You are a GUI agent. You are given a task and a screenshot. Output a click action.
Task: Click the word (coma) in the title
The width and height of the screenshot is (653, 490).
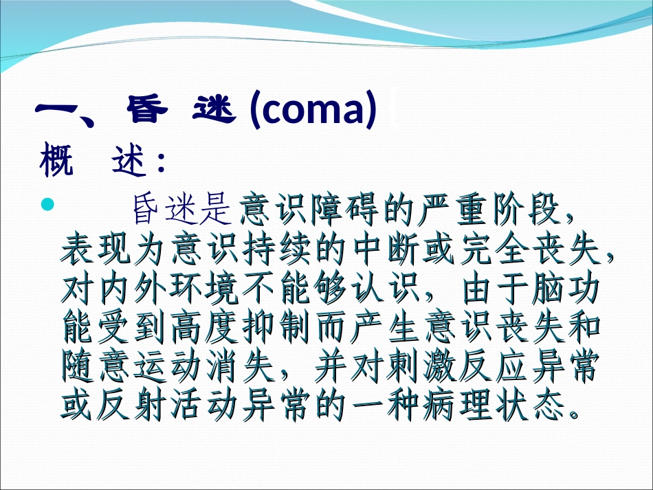coord(314,112)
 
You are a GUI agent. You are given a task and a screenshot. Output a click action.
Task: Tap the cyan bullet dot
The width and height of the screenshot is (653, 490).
coord(47,204)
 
